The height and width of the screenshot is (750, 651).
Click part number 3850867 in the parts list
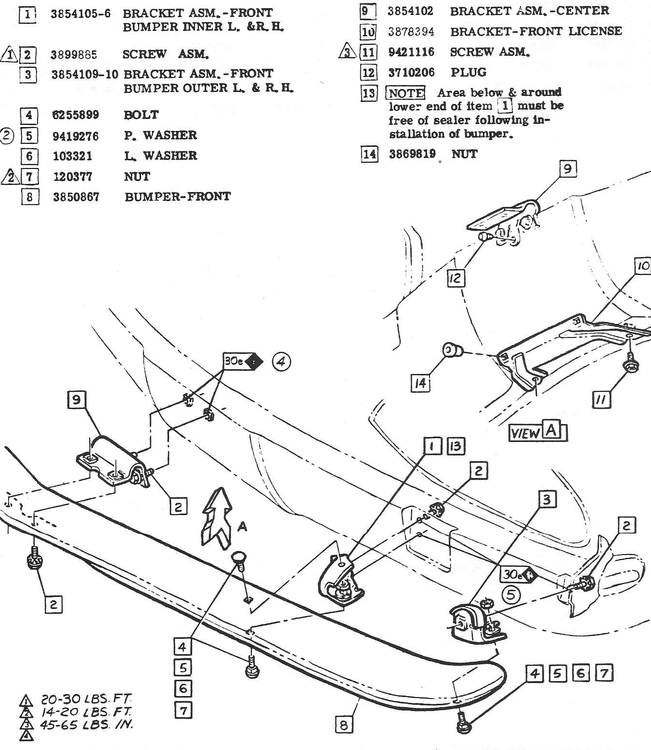(x=76, y=197)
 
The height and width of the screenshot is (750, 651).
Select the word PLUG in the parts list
(x=468, y=73)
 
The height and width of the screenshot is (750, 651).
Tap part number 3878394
(x=411, y=32)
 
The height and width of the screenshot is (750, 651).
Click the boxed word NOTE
(x=406, y=93)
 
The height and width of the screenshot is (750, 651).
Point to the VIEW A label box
(x=538, y=432)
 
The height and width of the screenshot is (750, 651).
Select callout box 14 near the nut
(x=420, y=383)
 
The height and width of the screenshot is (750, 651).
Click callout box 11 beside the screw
(x=601, y=399)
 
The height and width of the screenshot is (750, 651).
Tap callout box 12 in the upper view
(x=456, y=278)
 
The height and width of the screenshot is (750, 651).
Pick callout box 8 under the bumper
(x=343, y=724)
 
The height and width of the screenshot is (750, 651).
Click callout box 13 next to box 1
(x=455, y=446)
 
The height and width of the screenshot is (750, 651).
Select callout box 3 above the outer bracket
(x=547, y=499)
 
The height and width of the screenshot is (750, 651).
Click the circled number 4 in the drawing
(x=281, y=362)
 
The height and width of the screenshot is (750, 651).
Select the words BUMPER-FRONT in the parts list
(x=177, y=196)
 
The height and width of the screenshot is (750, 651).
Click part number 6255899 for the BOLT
(x=76, y=115)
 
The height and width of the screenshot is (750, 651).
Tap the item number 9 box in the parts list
(x=367, y=11)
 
